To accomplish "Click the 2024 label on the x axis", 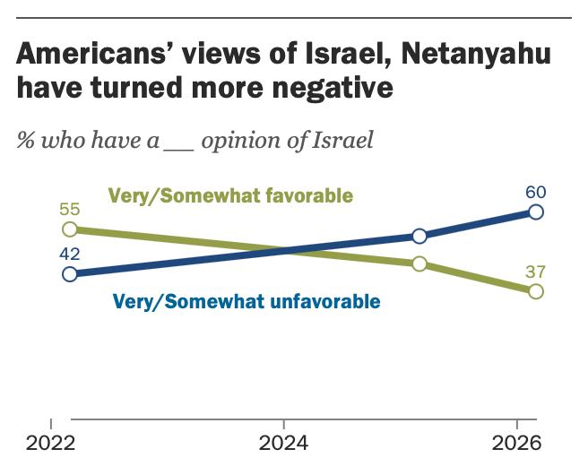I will [x=284, y=444].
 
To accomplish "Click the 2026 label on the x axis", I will [x=518, y=444].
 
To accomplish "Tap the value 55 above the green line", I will [x=70, y=210].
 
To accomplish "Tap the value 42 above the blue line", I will [x=70, y=254].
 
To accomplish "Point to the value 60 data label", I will [x=536, y=192].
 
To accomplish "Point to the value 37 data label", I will [x=536, y=272].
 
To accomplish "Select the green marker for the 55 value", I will [x=70, y=229].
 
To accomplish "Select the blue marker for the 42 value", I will [x=70, y=274].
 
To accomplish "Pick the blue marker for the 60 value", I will [x=536, y=212].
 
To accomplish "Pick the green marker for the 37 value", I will [x=536, y=291].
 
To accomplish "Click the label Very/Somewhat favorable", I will [x=229, y=195].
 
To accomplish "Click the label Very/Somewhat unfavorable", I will [x=246, y=301].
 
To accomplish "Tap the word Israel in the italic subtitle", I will [x=341, y=141].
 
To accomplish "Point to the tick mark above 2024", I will [x=284, y=423].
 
